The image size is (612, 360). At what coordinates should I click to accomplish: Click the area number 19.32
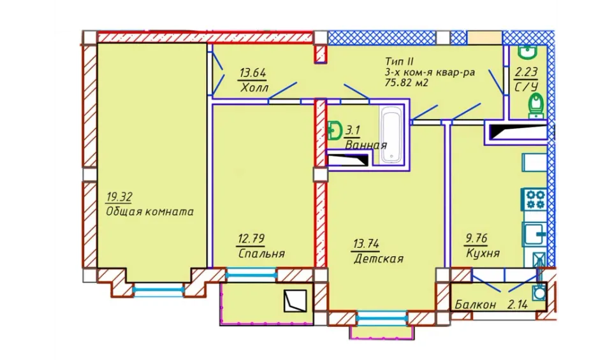tap(119, 197)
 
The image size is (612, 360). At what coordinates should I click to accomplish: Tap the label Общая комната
tap(150, 212)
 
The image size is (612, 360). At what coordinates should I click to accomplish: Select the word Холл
tap(254, 88)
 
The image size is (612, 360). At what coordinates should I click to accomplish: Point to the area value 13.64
tap(253, 73)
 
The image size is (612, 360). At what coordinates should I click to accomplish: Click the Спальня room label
tap(261, 254)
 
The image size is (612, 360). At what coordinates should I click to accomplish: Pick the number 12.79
tap(251, 238)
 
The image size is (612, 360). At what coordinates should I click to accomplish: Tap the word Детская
tap(379, 259)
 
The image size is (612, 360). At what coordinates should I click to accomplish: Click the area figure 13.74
tap(366, 244)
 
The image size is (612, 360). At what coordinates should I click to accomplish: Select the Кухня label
tap(483, 254)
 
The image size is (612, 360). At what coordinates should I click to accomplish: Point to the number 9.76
tap(476, 238)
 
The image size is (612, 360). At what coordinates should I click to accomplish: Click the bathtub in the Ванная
tap(391, 136)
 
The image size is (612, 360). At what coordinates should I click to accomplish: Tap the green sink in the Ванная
tap(333, 130)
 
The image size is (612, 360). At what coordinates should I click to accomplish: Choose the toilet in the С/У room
tap(535, 105)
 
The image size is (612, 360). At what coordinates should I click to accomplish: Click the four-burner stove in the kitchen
tap(535, 199)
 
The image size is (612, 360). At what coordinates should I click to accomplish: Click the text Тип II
tap(399, 62)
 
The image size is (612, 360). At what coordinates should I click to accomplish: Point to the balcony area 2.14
tap(518, 305)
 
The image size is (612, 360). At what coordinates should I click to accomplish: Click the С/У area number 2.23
tap(526, 72)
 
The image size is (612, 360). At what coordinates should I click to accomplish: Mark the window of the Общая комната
tap(158, 289)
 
